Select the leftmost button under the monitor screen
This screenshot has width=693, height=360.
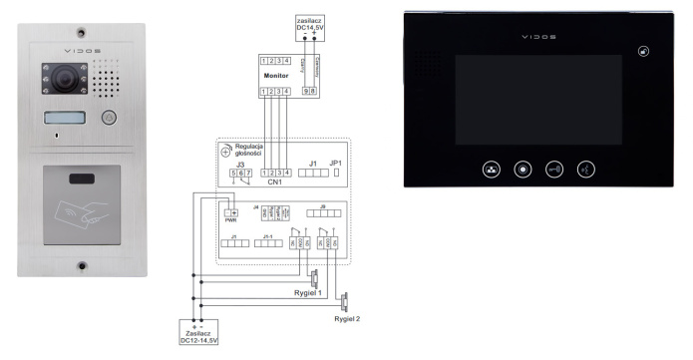pos(490,168)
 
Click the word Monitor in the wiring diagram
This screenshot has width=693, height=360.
pos(275,76)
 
